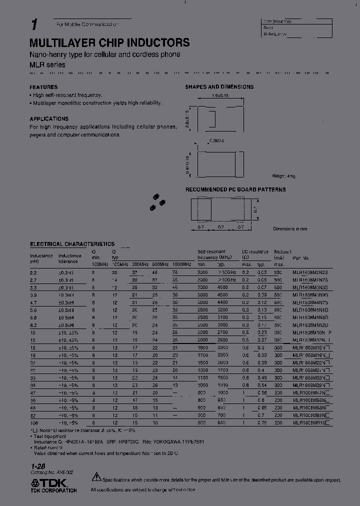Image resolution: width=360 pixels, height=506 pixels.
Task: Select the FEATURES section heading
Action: [43, 87]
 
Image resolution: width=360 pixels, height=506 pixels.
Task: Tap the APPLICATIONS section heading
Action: [49, 119]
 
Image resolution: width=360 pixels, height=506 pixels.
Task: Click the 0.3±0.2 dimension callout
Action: [217, 140]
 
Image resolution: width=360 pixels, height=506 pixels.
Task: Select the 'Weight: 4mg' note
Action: [284, 176]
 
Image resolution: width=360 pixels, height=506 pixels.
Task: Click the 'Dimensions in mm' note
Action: [290, 228]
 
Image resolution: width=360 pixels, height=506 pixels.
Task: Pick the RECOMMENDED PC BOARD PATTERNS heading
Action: [235, 190]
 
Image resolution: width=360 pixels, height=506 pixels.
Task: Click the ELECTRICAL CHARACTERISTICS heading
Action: [72, 244]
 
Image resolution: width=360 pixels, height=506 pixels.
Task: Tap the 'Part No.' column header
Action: [301, 258]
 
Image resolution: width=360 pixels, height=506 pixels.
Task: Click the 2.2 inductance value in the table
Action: [33, 272]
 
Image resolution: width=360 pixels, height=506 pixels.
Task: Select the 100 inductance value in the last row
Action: [34, 423]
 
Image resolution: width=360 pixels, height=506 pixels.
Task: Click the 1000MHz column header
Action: [181, 263]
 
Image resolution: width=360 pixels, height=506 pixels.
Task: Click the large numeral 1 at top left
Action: [34, 25]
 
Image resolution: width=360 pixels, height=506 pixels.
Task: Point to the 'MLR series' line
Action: [47, 65]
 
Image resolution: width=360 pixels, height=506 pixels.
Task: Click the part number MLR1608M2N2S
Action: [310, 272]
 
